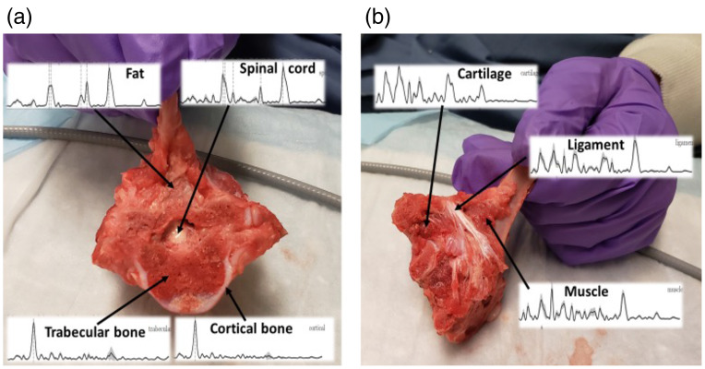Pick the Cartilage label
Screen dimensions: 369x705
click(486, 72)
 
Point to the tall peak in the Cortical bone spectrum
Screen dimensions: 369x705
click(195, 324)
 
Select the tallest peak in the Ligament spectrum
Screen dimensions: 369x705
click(636, 148)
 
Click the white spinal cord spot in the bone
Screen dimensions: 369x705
click(183, 225)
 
